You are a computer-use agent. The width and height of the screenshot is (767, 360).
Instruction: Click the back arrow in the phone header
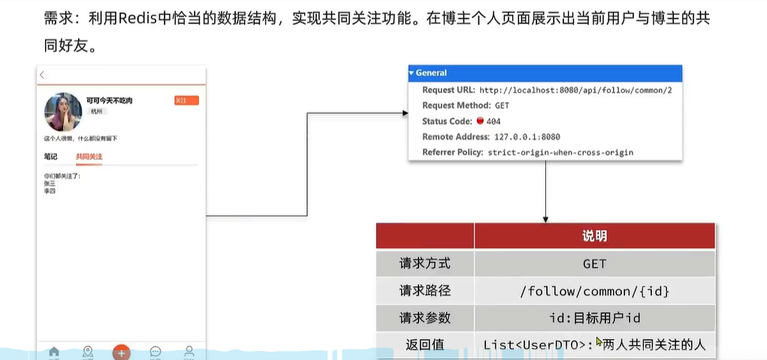(x=42, y=74)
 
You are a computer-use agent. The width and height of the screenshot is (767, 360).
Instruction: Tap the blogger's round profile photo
(x=63, y=113)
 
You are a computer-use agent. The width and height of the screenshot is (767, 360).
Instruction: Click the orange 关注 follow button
(x=186, y=101)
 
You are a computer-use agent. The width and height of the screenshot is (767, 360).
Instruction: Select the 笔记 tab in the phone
(x=50, y=156)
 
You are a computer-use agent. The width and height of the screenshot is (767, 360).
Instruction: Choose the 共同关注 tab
(x=89, y=156)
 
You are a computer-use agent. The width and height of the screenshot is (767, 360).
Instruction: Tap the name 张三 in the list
(x=50, y=183)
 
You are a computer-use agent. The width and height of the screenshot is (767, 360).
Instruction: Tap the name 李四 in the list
(x=50, y=191)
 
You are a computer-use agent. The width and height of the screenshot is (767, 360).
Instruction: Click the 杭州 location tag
(x=96, y=111)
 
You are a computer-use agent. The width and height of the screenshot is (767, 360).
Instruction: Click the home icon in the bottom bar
(x=53, y=352)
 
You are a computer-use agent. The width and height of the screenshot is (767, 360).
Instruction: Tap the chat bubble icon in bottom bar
(x=156, y=352)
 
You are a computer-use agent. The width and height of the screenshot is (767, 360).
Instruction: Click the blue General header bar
(x=545, y=73)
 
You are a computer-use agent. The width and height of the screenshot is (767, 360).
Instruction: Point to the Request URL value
(x=575, y=89)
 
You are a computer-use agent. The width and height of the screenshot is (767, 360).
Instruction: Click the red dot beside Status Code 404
(x=480, y=121)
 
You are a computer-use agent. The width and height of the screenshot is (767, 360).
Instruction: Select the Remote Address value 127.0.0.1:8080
(x=527, y=137)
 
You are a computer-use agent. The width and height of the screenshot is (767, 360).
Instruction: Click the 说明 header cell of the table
(x=594, y=236)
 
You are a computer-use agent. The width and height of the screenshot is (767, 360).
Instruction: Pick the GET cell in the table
(x=594, y=264)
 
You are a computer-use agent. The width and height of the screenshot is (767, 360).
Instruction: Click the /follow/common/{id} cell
(x=594, y=291)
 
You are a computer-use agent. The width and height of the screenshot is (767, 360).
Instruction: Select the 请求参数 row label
(x=424, y=318)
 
